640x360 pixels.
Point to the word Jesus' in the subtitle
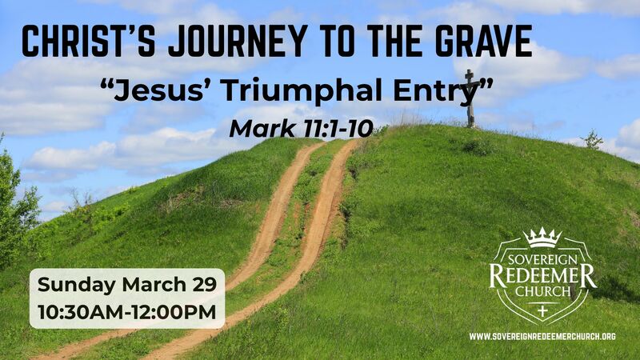click(x=155, y=92)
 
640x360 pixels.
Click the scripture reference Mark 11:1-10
click(x=300, y=128)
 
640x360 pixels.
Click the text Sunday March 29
click(x=126, y=286)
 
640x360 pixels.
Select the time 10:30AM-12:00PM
click(x=127, y=312)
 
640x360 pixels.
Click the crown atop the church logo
click(x=542, y=238)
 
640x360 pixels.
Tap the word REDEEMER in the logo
click(x=542, y=277)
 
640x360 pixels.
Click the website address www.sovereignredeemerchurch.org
click(x=542, y=337)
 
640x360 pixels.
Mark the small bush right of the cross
click(x=592, y=141)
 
